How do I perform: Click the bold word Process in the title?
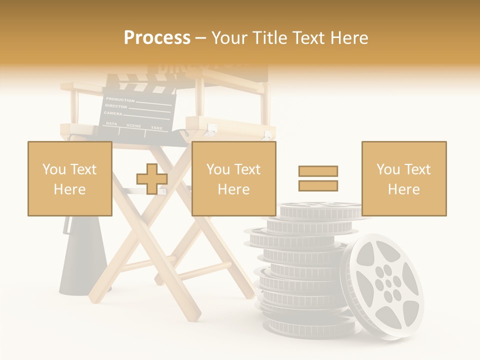(157, 38)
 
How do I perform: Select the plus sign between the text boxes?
(152, 178)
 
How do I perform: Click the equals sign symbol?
(318, 178)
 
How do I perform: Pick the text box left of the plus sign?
(70, 178)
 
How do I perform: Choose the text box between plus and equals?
(233, 178)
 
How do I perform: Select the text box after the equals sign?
(403, 178)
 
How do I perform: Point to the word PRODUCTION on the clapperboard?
(120, 100)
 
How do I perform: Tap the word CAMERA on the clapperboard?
(113, 113)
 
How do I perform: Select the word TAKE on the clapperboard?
(156, 128)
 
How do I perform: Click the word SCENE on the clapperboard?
(133, 125)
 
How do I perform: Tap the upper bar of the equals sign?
(318, 171)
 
